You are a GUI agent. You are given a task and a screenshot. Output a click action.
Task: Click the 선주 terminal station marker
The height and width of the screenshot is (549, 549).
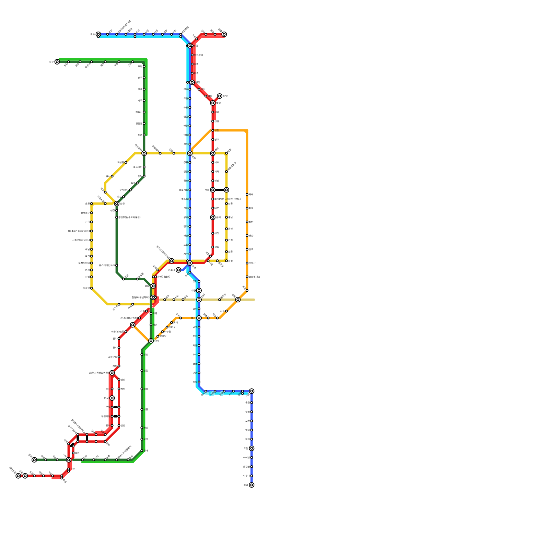click(57, 62)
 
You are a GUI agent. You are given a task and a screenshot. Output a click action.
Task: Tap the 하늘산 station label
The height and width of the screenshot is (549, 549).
click(139, 112)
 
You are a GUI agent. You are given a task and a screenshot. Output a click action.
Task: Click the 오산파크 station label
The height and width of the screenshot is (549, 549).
click(199, 55)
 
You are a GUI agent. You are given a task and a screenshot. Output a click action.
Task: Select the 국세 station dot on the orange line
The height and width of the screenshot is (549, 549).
click(247, 195)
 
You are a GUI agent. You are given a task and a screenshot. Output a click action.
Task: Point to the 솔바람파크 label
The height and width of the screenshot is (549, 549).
click(254, 277)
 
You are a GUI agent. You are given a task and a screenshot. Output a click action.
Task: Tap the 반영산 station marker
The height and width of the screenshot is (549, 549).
click(247, 263)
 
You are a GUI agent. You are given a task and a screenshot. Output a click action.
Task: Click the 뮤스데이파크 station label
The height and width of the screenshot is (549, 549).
click(106, 265)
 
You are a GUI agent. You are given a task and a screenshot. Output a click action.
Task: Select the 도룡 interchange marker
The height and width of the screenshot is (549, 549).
click(117, 203)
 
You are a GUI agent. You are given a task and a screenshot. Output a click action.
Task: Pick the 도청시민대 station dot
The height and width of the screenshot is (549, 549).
click(91, 263)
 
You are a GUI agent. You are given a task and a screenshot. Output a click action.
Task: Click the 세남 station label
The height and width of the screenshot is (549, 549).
click(87, 249)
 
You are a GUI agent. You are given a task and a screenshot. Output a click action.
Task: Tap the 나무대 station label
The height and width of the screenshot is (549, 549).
click(246, 476)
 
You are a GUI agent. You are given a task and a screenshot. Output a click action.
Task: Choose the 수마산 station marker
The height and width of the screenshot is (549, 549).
click(252, 457)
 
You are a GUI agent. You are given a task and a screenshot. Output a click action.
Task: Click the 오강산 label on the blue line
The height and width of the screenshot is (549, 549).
click(246, 467)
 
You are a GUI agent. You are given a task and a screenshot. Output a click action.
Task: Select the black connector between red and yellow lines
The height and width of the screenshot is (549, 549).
click(220, 190)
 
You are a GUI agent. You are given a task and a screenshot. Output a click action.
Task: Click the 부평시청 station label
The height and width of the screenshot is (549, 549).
click(105, 416)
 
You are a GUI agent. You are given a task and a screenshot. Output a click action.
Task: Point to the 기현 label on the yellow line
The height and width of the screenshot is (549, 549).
click(231, 240)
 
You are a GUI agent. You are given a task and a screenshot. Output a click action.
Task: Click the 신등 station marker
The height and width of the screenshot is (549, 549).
click(226, 203)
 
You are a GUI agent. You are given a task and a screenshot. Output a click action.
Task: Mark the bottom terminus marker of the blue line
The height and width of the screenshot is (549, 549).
click(252, 485)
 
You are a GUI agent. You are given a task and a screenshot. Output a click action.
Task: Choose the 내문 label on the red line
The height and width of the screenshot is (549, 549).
click(217, 208)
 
